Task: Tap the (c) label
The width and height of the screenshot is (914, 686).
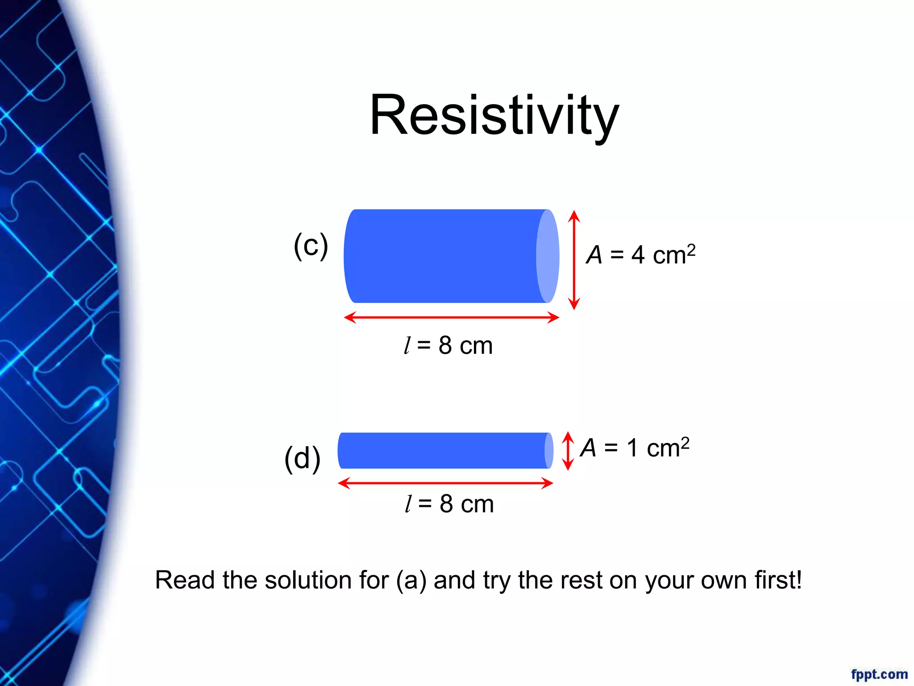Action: [x=311, y=246]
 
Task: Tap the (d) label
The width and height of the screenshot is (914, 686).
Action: [x=302, y=458]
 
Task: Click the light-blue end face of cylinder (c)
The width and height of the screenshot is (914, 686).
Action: [x=548, y=256]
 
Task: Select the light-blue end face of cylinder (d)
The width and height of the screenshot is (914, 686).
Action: [x=549, y=451]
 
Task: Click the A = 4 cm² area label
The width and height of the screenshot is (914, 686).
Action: [x=640, y=255]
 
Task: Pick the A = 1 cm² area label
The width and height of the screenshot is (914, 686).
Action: [x=635, y=448]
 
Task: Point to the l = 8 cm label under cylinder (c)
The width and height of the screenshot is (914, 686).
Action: [x=448, y=346]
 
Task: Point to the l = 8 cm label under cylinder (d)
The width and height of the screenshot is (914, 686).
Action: [x=449, y=504]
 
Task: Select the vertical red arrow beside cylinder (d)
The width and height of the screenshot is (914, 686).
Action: [x=568, y=451]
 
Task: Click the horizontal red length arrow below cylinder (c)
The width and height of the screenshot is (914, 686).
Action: [x=451, y=318]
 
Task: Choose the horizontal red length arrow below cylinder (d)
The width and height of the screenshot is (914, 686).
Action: [x=445, y=483]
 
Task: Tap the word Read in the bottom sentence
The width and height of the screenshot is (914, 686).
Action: [x=184, y=580]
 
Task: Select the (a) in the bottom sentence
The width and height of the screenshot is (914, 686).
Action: [x=411, y=580]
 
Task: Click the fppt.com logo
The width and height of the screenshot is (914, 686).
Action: [x=879, y=674]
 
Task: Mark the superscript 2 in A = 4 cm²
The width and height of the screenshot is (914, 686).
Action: [x=691, y=249]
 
